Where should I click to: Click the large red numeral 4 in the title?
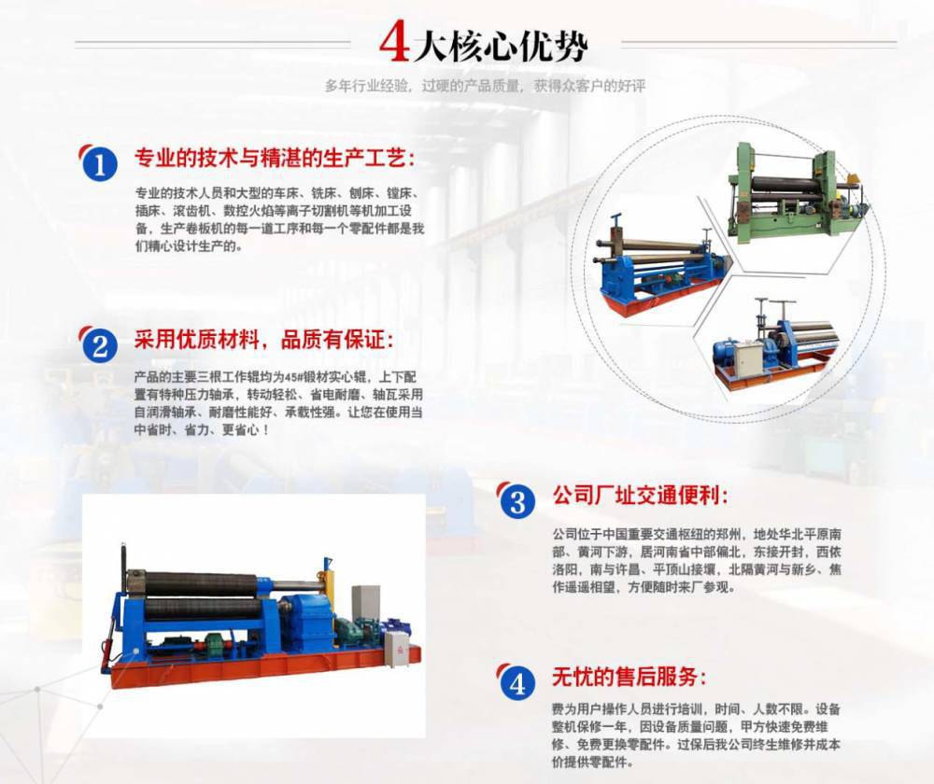pyautogui.click(x=394, y=43)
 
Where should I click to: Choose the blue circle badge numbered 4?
pyautogui.click(x=517, y=683)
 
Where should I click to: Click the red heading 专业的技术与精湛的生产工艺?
pyautogui.click(x=274, y=159)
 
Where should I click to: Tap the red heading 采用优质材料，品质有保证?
pyautogui.click(x=263, y=340)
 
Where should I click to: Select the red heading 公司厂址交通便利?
pyautogui.click(x=640, y=496)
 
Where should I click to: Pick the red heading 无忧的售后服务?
pyautogui.click(x=629, y=677)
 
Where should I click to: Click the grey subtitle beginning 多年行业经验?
pyautogui.click(x=485, y=86)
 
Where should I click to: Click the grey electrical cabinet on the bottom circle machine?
pyautogui.click(x=749, y=359)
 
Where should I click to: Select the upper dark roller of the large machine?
pyautogui.click(x=200, y=582)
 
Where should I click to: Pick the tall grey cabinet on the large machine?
pyautogui.click(x=365, y=606)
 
